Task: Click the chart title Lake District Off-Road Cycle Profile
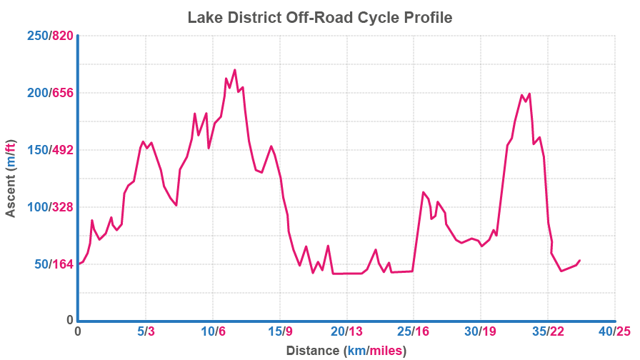(x=320, y=17)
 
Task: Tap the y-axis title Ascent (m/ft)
(x=11, y=177)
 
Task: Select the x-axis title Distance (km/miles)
(x=346, y=351)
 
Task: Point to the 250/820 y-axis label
(x=50, y=36)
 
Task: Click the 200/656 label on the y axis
(x=50, y=93)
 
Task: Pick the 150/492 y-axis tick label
(x=50, y=150)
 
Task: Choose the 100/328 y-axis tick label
(x=50, y=207)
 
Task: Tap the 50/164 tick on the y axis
(x=54, y=264)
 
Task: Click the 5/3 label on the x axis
(x=146, y=331)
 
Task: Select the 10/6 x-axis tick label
(x=213, y=331)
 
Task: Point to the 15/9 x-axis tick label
(x=280, y=331)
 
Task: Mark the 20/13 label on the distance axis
(x=347, y=331)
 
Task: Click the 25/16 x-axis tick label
(x=414, y=331)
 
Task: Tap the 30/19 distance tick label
(x=481, y=331)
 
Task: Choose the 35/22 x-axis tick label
(x=548, y=331)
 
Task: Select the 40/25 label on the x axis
(x=615, y=331)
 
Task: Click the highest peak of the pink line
(x=234, y=70)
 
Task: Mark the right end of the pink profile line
(x=579, y=261)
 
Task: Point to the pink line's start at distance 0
(x=79, y=264)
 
